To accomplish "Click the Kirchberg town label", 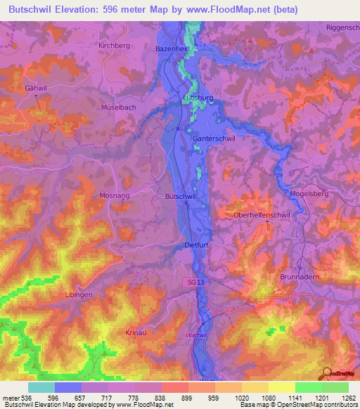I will [115, 45].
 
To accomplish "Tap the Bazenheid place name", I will [172, 49].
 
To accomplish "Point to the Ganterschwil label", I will [214, 139].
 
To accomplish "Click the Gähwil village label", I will [36, 89].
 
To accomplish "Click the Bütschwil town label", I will [180, 197].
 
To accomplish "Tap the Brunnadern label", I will [300, 277].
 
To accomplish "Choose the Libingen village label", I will [79, 294].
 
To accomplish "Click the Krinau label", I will [136, 332].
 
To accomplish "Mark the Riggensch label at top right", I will [342, 27].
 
